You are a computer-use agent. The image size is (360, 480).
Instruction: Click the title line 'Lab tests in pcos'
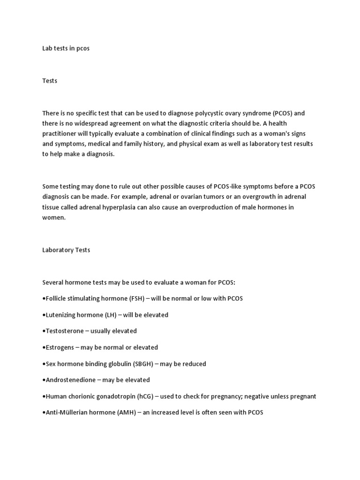(66, 48)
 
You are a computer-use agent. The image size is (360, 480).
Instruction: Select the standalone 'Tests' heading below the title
(50, 81)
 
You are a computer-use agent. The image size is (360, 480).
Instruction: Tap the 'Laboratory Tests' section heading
(66, 250)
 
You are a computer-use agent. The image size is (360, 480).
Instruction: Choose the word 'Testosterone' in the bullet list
(65, 331)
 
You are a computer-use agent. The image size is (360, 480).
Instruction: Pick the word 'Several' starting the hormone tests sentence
(53, 283)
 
